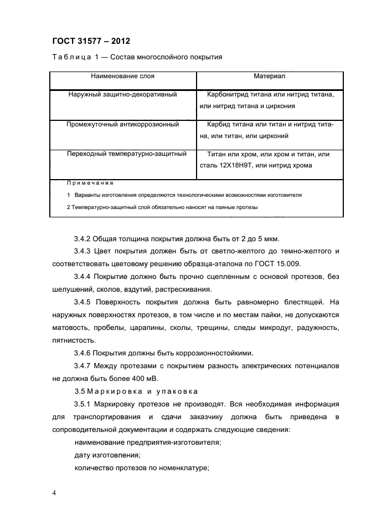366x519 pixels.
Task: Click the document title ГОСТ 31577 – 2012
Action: point(91,40)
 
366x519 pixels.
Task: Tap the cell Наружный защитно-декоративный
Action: point(122,95)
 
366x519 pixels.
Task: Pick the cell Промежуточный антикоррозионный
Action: point(122,125)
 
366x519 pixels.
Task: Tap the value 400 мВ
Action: point(144,379)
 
